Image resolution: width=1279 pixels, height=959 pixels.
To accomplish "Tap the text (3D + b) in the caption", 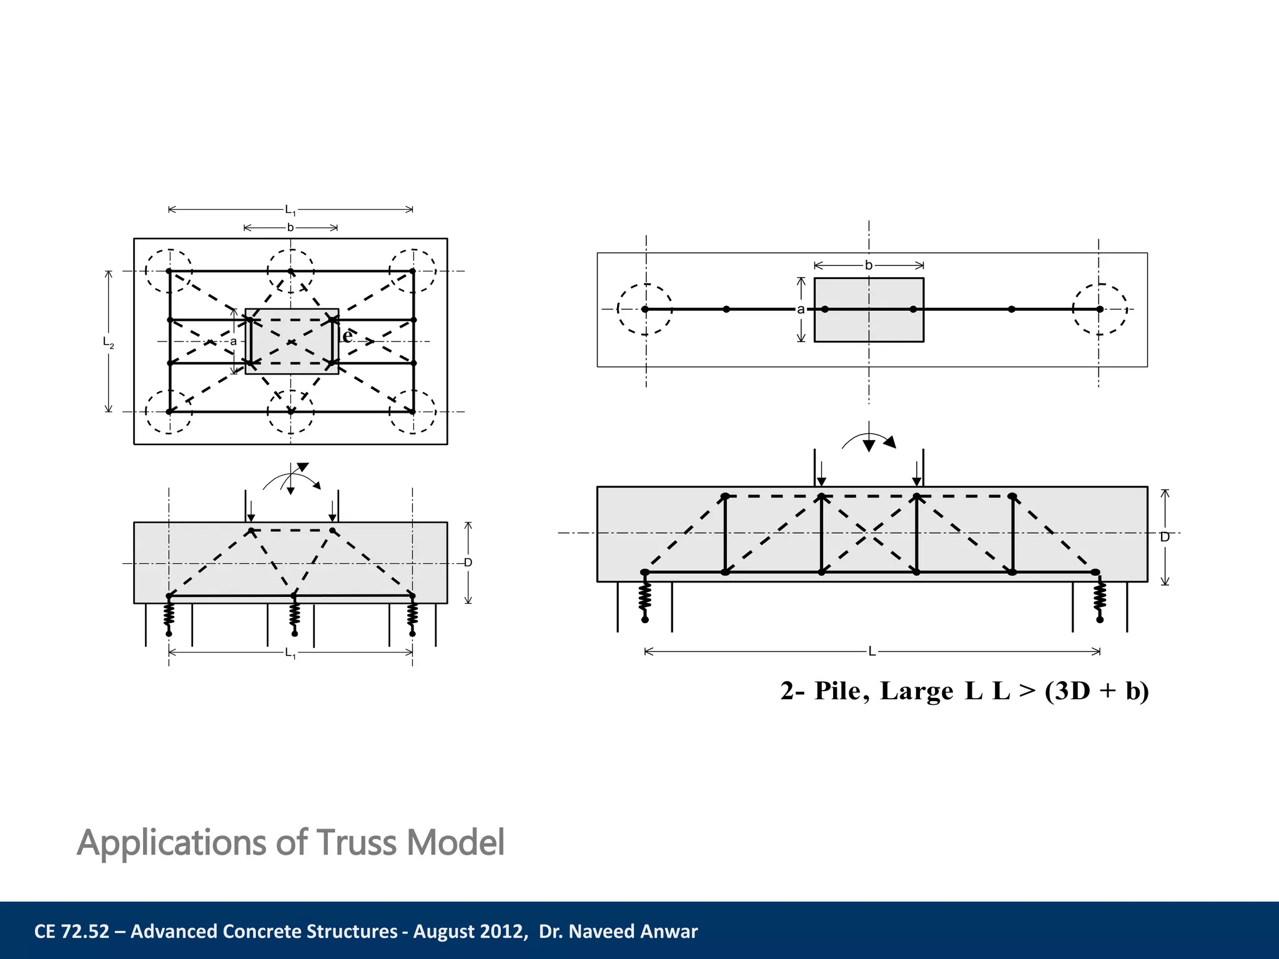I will [x=1097, y=691].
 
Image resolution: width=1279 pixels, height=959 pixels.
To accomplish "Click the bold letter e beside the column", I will [x=347, y=337].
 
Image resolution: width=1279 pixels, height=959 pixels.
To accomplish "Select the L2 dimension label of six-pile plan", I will [x=109, y=342].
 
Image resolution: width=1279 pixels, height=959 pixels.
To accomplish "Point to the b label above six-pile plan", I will [x=290, y=228].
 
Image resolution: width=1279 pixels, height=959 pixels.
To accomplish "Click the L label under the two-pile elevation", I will [x=872, y=652].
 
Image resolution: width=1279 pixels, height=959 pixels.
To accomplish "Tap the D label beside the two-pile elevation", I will [x=1165, y=537].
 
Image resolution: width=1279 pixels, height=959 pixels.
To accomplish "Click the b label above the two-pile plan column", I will [x=868, y=265].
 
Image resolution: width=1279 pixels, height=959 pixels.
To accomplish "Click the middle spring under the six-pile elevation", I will [x=295, y=614].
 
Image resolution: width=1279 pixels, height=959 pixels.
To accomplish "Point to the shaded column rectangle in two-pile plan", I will [x=869, y=325].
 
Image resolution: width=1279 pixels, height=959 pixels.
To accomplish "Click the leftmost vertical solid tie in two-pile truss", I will [x=725, y=534].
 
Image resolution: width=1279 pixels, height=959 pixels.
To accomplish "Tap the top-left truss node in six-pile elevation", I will [x=251, y=531].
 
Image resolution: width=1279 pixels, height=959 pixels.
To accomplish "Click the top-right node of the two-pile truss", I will [x=1012, y=497].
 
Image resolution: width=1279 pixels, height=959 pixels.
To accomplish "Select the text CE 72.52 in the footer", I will [x=72, y=932].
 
